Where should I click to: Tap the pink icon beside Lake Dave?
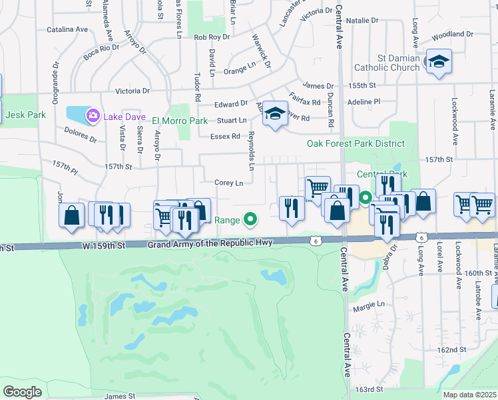[x=93, y=117]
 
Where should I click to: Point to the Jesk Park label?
[x=26, y=115]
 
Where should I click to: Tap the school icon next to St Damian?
[x=438, y=62]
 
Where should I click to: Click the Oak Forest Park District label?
[x=356, y=143]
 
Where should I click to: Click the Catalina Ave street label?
[x=67, y=29]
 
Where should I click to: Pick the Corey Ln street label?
[x=228, y=183]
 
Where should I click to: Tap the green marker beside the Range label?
[x=250, y=217]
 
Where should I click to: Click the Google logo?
[x=22, y=391]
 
